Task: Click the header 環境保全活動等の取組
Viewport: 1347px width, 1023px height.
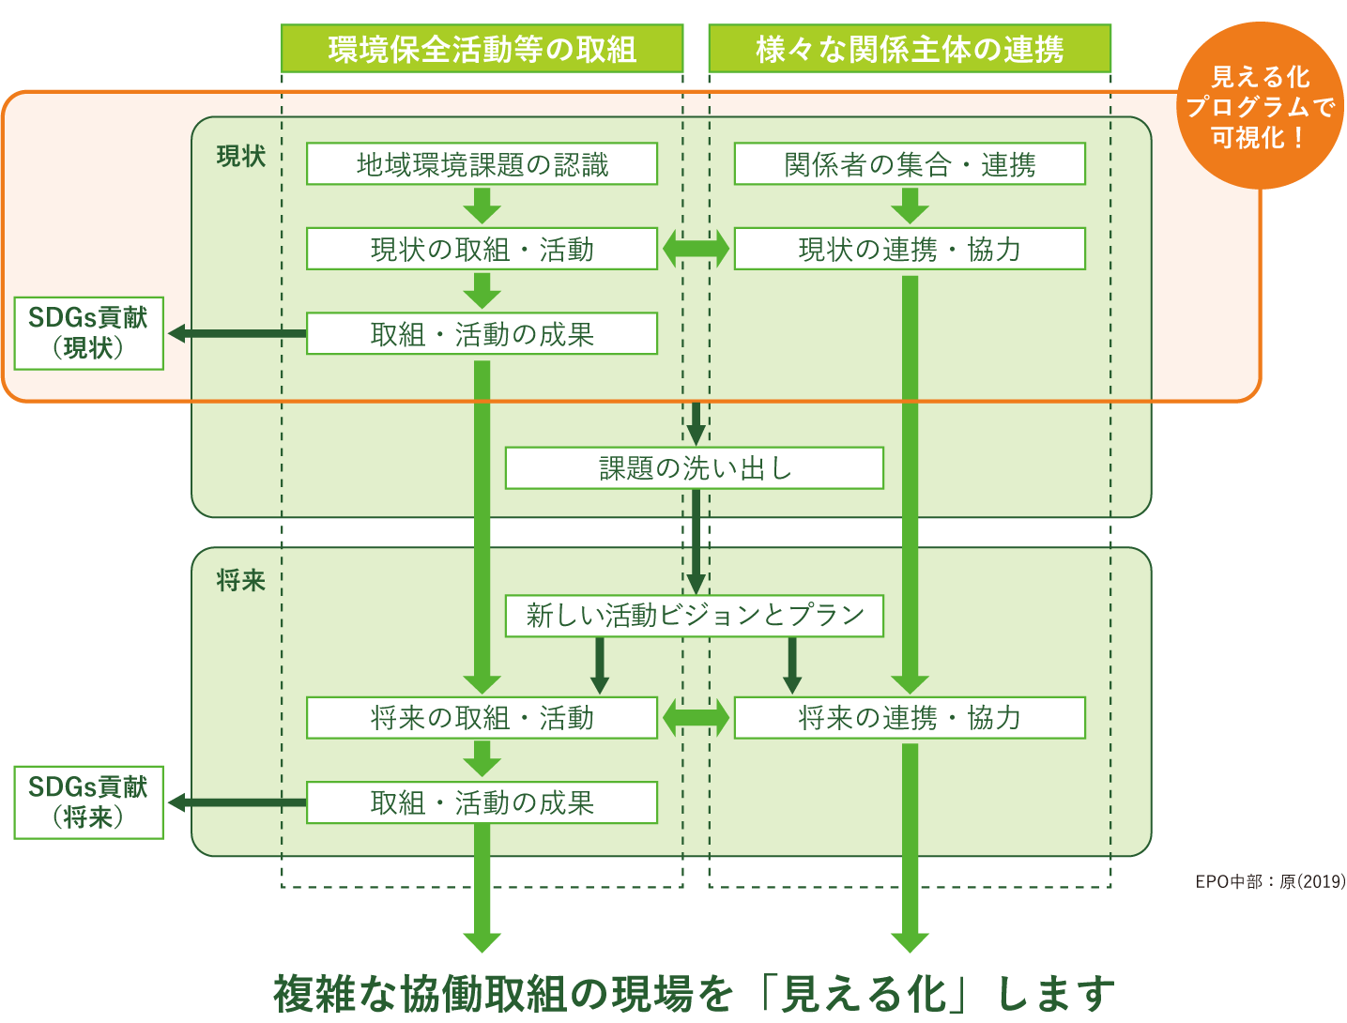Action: click(x=482, y=49)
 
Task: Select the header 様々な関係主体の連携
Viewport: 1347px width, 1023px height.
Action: click(x=909, y=49)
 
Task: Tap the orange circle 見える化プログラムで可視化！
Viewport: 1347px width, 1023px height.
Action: click(x=1260, y=106)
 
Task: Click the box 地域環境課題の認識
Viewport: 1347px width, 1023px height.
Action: click(x=482, y=164)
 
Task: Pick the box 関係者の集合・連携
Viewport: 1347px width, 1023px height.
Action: click(x=909, y=164)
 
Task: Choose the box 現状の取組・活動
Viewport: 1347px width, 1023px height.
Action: click(x=482, y=249)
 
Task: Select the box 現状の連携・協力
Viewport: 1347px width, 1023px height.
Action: click(x=909, y=249)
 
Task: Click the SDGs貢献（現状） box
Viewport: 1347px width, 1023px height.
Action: click(x=88, y=333)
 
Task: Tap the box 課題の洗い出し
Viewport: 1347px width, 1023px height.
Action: click(x=694, y=467)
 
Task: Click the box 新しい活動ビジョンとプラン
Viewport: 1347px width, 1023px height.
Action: click(x=694, y=615)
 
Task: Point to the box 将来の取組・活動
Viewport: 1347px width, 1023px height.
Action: click(x=482, y=718)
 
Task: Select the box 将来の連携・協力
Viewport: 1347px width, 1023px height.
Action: click(x=909, y=718)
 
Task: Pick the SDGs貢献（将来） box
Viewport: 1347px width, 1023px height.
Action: click(x=88, y=802)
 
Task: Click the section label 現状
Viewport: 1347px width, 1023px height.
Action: click(x=241, y=157)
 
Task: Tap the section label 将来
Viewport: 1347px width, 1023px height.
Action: click(x=241, y=581)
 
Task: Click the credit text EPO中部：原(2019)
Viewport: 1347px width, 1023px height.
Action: click(x=1270, y=881)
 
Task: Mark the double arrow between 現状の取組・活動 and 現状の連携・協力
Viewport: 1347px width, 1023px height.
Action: click(x=696, y=249)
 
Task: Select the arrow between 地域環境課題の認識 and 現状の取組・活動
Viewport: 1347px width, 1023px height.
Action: click(x=482, y=206)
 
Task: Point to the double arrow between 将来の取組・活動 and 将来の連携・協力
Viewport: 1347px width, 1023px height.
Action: click(x=696, y=718)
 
